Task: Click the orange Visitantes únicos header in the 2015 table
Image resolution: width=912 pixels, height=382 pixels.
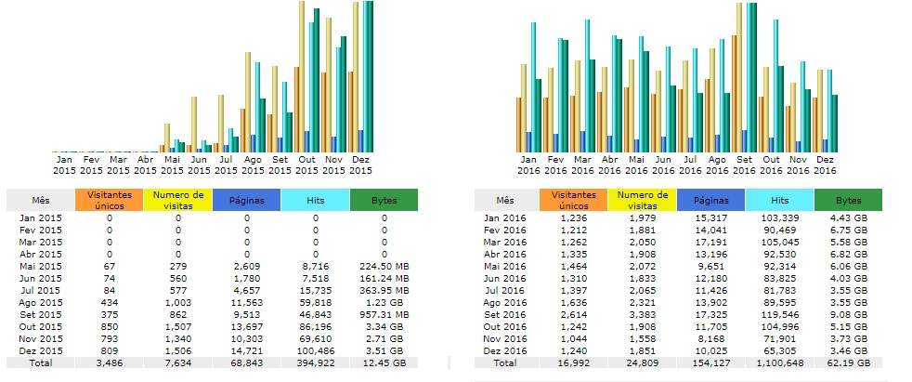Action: [110, 199]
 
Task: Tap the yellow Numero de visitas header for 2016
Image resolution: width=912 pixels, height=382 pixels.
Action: [643, 199]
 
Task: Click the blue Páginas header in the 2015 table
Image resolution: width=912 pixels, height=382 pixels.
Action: [246, 199]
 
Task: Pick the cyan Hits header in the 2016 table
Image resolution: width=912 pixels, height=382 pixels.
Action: [779, 199]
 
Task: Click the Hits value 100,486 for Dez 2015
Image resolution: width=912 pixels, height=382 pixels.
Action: [315, 349]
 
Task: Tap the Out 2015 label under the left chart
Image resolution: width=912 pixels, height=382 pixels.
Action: [306, 165]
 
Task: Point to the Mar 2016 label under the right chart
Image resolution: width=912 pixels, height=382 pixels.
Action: [582, 165]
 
